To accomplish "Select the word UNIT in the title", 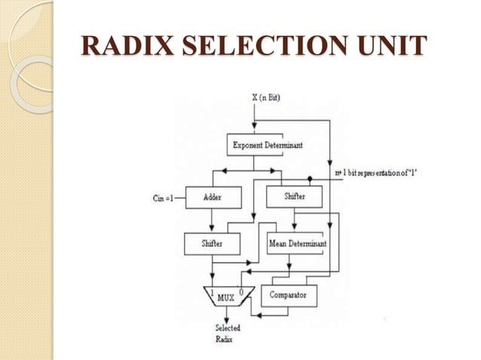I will (388, 46).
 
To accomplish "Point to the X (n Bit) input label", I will (265, 99).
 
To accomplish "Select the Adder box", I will (213, 197).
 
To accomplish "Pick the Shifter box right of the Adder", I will (295, 197).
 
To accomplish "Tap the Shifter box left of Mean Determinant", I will (213, 243).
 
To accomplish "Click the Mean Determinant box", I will (296, 243).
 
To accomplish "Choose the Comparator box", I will (288, 295).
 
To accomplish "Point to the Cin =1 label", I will (163, 198).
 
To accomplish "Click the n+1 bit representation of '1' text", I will (391, 173).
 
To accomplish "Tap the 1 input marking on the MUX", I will (213, 290).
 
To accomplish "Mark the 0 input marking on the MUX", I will (240, 290).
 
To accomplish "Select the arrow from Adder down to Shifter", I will (213, 220).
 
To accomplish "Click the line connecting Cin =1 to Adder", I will (181, 198).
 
